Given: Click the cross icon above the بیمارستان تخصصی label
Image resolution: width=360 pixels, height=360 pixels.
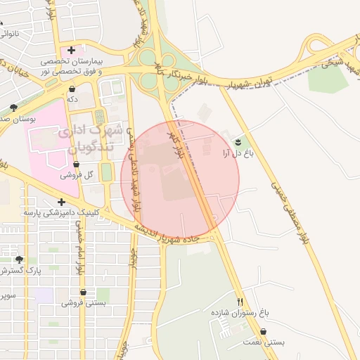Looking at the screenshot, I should (x=71, y=50).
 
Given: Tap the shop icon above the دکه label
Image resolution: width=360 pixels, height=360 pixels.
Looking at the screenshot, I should (x=73, y=89).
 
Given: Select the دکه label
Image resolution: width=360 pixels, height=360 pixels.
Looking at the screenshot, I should (x=72, y=100).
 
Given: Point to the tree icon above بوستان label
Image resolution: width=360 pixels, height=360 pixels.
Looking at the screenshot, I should (x=13, y=108).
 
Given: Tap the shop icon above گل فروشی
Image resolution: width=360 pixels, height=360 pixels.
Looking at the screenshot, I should (x=76, y=165).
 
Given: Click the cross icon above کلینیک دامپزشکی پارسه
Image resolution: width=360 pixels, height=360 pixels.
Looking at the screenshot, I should (x=61, y=202).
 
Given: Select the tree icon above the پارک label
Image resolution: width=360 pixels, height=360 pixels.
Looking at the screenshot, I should (x=19, y=259).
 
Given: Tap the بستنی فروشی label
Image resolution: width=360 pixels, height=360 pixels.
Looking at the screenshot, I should (x=83, y=303).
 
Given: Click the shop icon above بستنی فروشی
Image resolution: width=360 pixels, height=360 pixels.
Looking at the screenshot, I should (x=83, y=292).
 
